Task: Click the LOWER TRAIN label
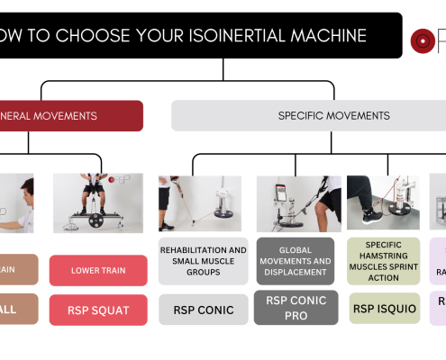pos(99,270)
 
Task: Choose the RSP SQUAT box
pos(99,310)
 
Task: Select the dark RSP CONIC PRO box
pos(296,308)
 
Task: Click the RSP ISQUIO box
pos(384,308)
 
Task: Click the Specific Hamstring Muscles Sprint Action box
pos(384,261)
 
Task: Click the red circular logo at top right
pos(423,40)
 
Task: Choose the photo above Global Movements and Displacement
pos(296,203)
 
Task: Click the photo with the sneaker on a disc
pos(384,202)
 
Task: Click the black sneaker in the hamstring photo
pos(370,215)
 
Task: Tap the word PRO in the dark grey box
pos(296,316)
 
